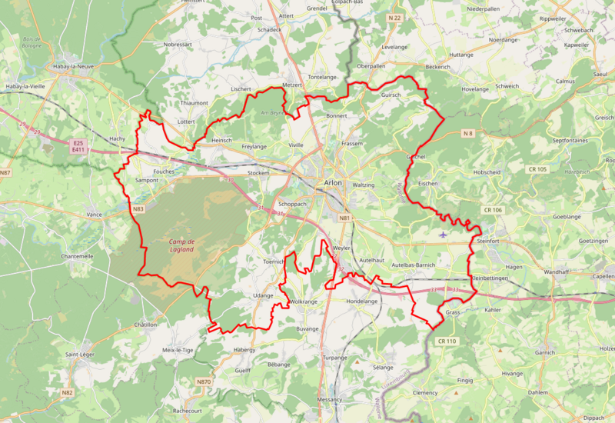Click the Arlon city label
pyautogui.click(x=333, y=182)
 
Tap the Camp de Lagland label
pyautogui.click(x=181, y=245)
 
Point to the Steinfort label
pyautogui.click(x=488, y=241)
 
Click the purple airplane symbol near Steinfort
pyautogui.click(x=442, y=234)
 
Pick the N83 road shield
pyautogui.click(x=138, y=209)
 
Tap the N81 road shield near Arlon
pyautogui.click(x=345, y=218)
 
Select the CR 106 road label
pyautogui.click(x=493, y=210)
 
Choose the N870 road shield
pyautogui.click(x=203, y=382)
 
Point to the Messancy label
pyautogui.click(x=330, y=400)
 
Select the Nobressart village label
pyautogui.click(x=178, y=45)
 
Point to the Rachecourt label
pyautogui.click(x=188, y=411)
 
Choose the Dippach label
pyautogui.click(x=593, y=418)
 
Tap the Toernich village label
pyautogui.click(x=274, y=261)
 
